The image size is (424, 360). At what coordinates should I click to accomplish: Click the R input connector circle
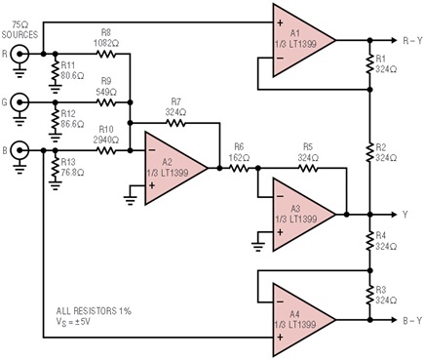pyautogui.click(x=19, y=54)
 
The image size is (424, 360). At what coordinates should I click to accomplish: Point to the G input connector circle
pyautogui.click(x=19, y=102)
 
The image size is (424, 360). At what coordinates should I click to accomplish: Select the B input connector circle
pyautogui.click(x=19, y=150)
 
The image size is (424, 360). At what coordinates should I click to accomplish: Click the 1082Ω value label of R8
pyautogui.click(x=106, y=43)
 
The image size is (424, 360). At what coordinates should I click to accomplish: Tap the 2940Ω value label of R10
pyautogui.click(x=106, y=140)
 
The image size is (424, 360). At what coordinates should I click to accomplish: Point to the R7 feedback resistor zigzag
pyautogui.click(x=175, y=123)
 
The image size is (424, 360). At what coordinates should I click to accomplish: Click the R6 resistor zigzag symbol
pyautogui.click(x=239, y=169)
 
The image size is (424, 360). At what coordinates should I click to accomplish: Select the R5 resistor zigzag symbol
pyautogui.click(x=308, y=169)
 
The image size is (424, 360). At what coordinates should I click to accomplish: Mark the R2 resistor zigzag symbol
pyautogui.click(x=369, y=152)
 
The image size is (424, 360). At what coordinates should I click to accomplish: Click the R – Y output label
pyautogui.click(x=412, y=40)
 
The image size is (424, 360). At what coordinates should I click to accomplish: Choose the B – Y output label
pyautogui.click(x=412, y=320)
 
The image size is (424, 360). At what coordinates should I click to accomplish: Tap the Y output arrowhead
pyautogui.click(x=395, y=215)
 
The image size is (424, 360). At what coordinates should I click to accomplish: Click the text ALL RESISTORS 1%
pyautogui.click(x=94, y=311)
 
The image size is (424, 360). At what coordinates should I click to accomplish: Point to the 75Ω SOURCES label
pyautogui.click(x=19, y=29)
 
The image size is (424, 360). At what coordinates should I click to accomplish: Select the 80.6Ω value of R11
pyautogui.click(x=72, y=76)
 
